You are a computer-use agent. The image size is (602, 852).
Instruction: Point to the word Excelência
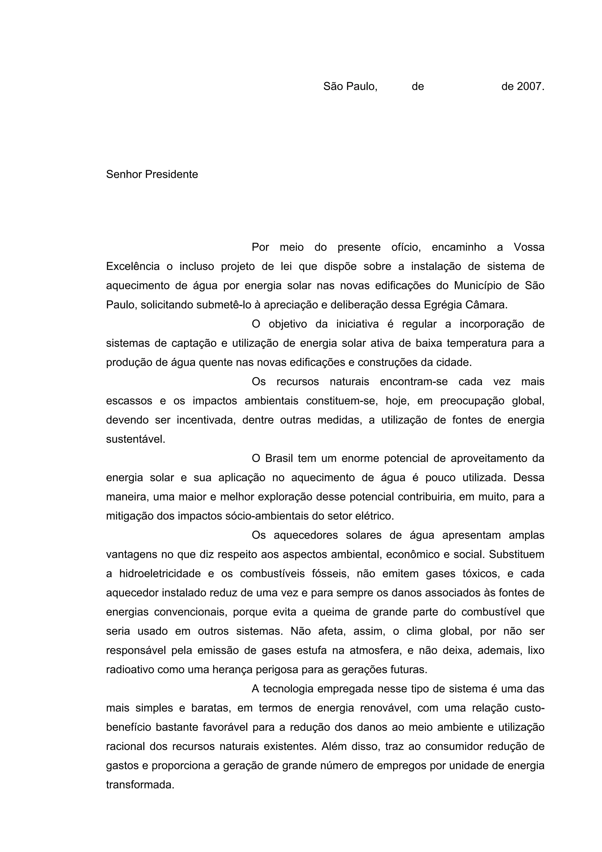click(133, 266)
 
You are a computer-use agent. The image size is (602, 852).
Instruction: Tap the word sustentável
click(136, 439)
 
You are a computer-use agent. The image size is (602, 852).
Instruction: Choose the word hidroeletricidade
click(160, 574)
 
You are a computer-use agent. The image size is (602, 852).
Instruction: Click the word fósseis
click(330, 574)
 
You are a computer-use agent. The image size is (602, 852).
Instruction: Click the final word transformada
click(140, 785)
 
